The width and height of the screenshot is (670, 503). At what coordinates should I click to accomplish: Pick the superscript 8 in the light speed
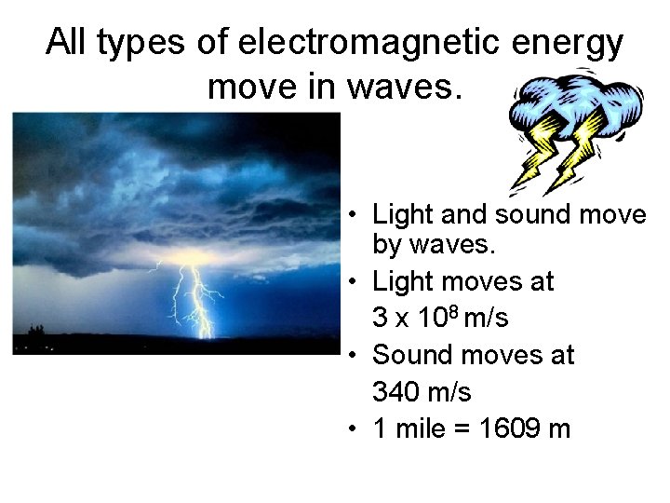453,310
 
